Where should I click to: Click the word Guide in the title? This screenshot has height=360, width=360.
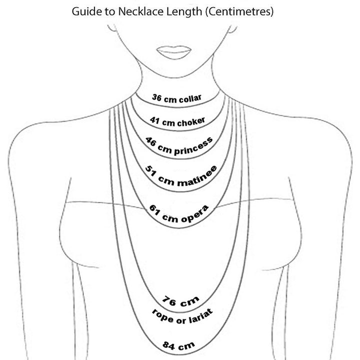(x=85, y=11)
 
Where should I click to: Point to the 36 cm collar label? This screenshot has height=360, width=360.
(x=177, y=98)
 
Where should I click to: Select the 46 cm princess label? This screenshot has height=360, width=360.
(x=178, y=145)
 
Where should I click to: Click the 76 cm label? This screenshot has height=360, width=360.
(x=181, y=302)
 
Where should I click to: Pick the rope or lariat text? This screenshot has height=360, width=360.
(x=182, y=317)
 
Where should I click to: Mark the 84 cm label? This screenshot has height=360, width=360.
(x=178, y=344)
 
